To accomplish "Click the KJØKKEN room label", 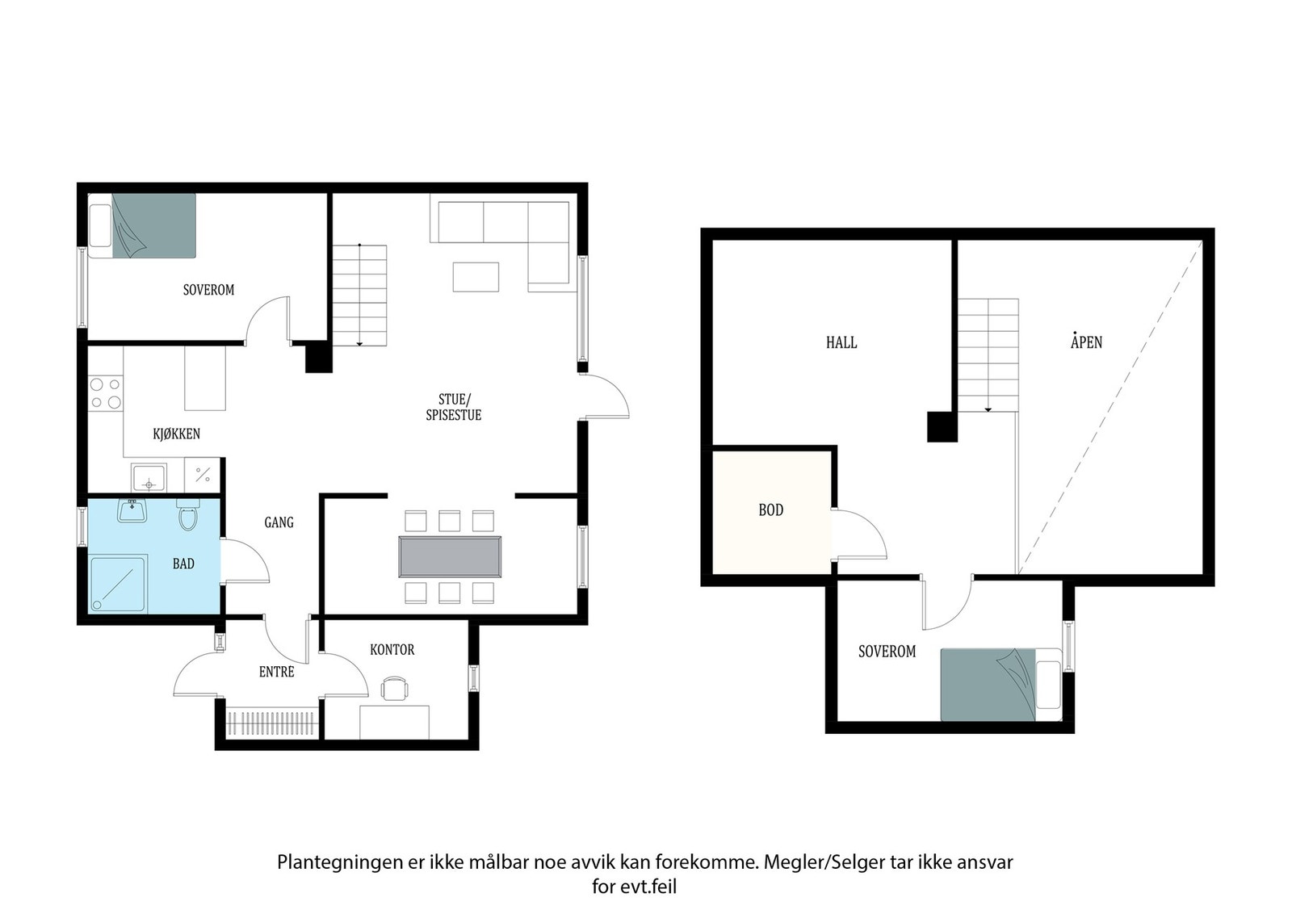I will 176,434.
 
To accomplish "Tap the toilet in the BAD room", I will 187,515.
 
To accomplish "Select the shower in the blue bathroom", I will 117,584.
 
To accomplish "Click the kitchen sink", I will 149,478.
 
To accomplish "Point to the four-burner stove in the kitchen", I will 106,393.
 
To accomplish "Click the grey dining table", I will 450,556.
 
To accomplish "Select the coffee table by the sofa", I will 476,277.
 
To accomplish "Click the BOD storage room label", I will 770,509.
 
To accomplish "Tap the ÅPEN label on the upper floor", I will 1086,342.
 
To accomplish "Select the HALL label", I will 841,342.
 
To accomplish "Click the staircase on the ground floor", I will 360,295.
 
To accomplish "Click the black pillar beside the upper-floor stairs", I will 942,426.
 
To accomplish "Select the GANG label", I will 279,522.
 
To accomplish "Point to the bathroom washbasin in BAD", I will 132,510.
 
